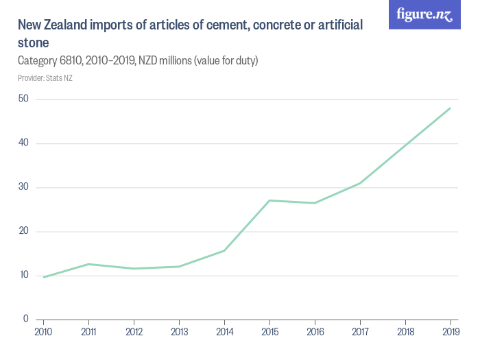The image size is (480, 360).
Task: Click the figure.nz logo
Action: [x=424, y=15]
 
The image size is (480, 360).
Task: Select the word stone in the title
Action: [x=34, y=43]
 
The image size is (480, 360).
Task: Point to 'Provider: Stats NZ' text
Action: [x=45, y=78]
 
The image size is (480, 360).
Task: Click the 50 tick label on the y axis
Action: [x=24, y=99]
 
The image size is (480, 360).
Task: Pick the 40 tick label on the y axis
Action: [x=24, y=143]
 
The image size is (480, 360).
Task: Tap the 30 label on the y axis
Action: [x=24, y=187]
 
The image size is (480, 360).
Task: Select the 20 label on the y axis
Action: [x=24, y=231]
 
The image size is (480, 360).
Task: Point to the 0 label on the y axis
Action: [x=26, y=319]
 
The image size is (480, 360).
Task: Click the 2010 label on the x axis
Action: [x=43, y=331]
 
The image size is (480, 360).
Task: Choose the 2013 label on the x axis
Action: [x=179, y=331]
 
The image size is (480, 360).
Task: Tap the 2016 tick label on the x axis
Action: [x=315, y=331]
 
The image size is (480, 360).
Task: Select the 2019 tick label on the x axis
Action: [x=450, y=331]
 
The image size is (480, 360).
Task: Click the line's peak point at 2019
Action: [x=450, y=108]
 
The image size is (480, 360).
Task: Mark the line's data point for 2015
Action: [x=269, y=200]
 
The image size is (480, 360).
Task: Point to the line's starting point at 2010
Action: [x=43, y=277]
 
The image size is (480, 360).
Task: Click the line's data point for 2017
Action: [x=360, y=183]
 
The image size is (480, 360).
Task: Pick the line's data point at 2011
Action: [x=88, y=264]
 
